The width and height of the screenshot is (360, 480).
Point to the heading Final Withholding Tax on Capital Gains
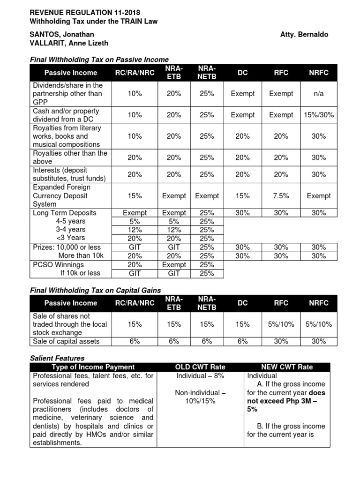[x=96, y=291]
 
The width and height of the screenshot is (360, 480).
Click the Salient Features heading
[x=57, y=358]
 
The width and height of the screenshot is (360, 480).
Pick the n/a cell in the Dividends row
[x=319, y=94]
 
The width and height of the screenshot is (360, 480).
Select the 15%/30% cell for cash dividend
[x=319, y=115]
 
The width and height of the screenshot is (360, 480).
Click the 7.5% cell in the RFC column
[x=281, y=196]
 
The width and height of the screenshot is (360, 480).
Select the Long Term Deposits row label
[x=64, y=213]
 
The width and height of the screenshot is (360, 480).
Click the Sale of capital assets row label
[x=65, y=341]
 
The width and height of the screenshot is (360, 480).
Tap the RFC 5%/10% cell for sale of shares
[x=281, y=324]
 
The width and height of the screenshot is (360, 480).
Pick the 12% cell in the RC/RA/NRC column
[x=135, y=230]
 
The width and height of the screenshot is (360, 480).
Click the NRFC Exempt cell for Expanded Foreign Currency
[x=319, y=196]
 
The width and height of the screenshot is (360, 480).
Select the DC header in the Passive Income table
[x=243, y=73]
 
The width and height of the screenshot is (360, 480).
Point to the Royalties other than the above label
[x=70, y=157]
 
